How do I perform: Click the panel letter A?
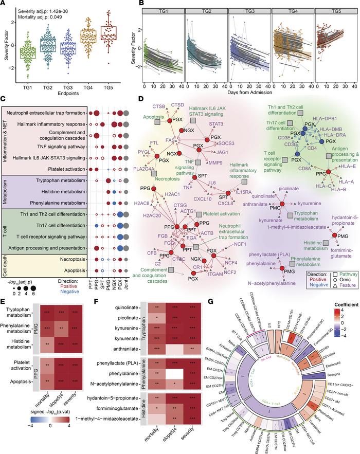[x=4, y=4]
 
